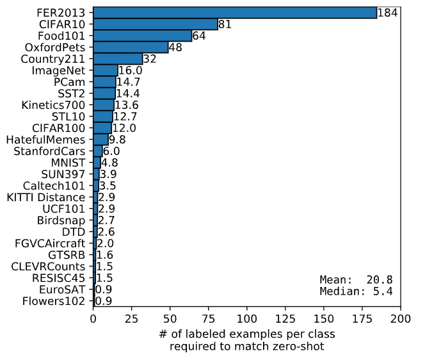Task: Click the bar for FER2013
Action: coord(235,13)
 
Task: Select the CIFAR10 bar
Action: coord(156,24)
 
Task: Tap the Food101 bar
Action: coord(143,36)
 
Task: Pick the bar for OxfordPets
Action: coord(131,47)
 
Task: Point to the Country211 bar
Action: coord(118,59)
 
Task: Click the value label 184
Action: coord(387,13)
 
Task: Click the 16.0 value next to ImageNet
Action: coord(130,70)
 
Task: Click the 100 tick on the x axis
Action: coord(247,318)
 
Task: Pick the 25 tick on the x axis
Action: coord(132,318)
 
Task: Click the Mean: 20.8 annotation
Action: coord(356,280)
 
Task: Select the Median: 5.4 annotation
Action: coord(356,291)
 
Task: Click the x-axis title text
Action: coord(247,340)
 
